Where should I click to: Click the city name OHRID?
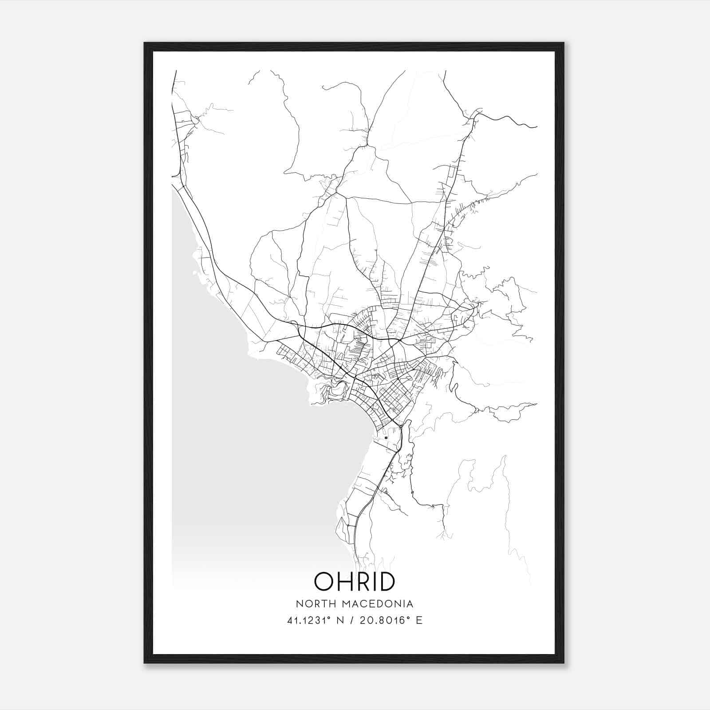(x=355, y=581)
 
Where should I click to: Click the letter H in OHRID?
(x=344, y=581)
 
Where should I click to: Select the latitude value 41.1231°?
(x=310, y=620)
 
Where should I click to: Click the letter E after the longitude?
(x=419, y=620)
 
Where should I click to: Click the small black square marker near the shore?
(x=386, y=438)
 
